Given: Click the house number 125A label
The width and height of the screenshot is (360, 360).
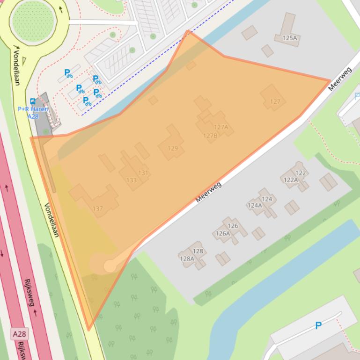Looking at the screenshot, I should pyautogui.click(x=290, y=38).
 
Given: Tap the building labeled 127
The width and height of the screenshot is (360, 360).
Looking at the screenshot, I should pyautogui.click(x=275, y=101).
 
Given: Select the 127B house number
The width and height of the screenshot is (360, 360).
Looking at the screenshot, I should pyautogui.click(x=210, y=136).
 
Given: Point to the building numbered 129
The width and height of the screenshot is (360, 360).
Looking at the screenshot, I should pyautogui.click(x=173, y=148).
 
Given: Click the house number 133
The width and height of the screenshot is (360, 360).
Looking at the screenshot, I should pyautogui.click(x=131, y=180).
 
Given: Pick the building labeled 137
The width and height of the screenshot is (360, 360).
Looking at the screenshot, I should pyautogui.click(x=97, y=209).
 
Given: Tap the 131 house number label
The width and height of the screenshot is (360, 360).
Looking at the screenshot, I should pyautogui.click(x=143, y=173).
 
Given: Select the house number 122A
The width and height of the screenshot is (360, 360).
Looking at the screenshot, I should pyautogui.click(x=290, y=180).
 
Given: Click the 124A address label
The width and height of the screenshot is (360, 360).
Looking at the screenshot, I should pyautogui.click(x=255, y=205).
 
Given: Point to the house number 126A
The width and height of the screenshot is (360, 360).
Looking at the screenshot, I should pyautogui.click(x=222, y=233).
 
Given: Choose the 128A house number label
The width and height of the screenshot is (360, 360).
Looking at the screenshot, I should pyautogui.click(x=186, y=259).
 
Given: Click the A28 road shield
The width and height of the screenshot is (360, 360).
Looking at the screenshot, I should pyautogui.click(x=19, y=334).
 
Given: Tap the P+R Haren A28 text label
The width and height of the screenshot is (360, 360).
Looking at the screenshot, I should pyautogui.click(x=33, y=112).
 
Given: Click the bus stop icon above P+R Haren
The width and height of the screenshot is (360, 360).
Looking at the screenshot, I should pyautogui.click(x=32, y=101).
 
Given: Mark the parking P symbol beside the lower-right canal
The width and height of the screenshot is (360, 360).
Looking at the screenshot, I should pyautogui.click(x=318, y=325).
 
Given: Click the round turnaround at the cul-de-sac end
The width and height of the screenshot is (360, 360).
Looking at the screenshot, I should pyautogui.click(x=110, y=266).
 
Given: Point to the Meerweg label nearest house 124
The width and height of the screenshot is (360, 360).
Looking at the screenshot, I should pyautogui.click(x=208, y=192).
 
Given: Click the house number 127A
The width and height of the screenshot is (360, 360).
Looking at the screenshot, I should pyautogui.click(x=220, y=127).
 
